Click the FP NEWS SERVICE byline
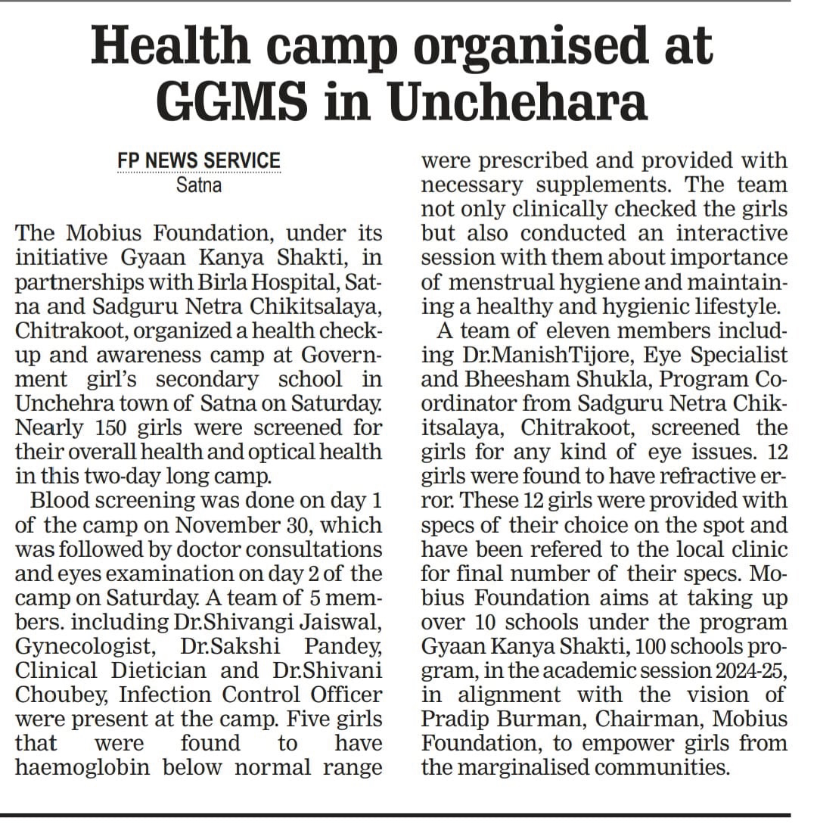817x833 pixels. (x=199, y=161)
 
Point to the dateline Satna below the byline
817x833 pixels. (x=199, y=184)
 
